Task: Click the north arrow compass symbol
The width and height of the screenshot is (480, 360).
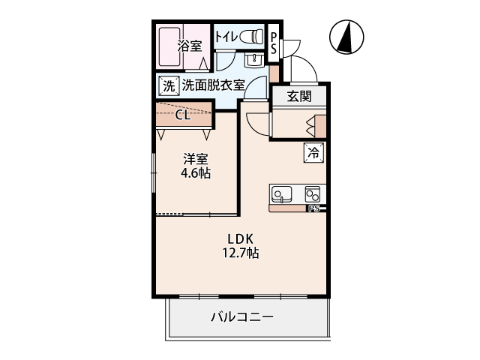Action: point(346,37)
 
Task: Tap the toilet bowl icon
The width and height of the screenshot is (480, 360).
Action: point(252,37)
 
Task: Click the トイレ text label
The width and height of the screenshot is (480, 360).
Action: point(226,37)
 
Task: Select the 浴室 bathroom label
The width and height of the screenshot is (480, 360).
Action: point(190,46)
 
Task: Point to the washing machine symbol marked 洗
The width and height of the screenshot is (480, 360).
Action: point(169,86)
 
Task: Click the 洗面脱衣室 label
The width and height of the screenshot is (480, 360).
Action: point(214,85)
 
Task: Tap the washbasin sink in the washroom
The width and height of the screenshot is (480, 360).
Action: point(254,59)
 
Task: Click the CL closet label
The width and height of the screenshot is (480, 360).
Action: point(183,115)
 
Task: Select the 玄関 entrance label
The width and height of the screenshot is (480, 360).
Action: point(299,97)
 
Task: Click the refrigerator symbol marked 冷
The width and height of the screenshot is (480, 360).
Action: point(313,152)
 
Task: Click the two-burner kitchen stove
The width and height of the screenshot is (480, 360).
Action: point(313,194)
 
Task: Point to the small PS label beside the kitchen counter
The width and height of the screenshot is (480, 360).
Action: point(314,208)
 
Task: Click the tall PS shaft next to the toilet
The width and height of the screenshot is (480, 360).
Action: point(274,43)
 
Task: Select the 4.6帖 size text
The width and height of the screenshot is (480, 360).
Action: point(195,173)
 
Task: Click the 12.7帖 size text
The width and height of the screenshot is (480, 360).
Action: point(240,253)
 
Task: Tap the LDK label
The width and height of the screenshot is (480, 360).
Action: point(240,238)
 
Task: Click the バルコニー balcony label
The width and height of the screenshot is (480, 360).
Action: point(242,316)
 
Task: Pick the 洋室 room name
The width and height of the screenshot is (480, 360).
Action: point(196,159)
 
